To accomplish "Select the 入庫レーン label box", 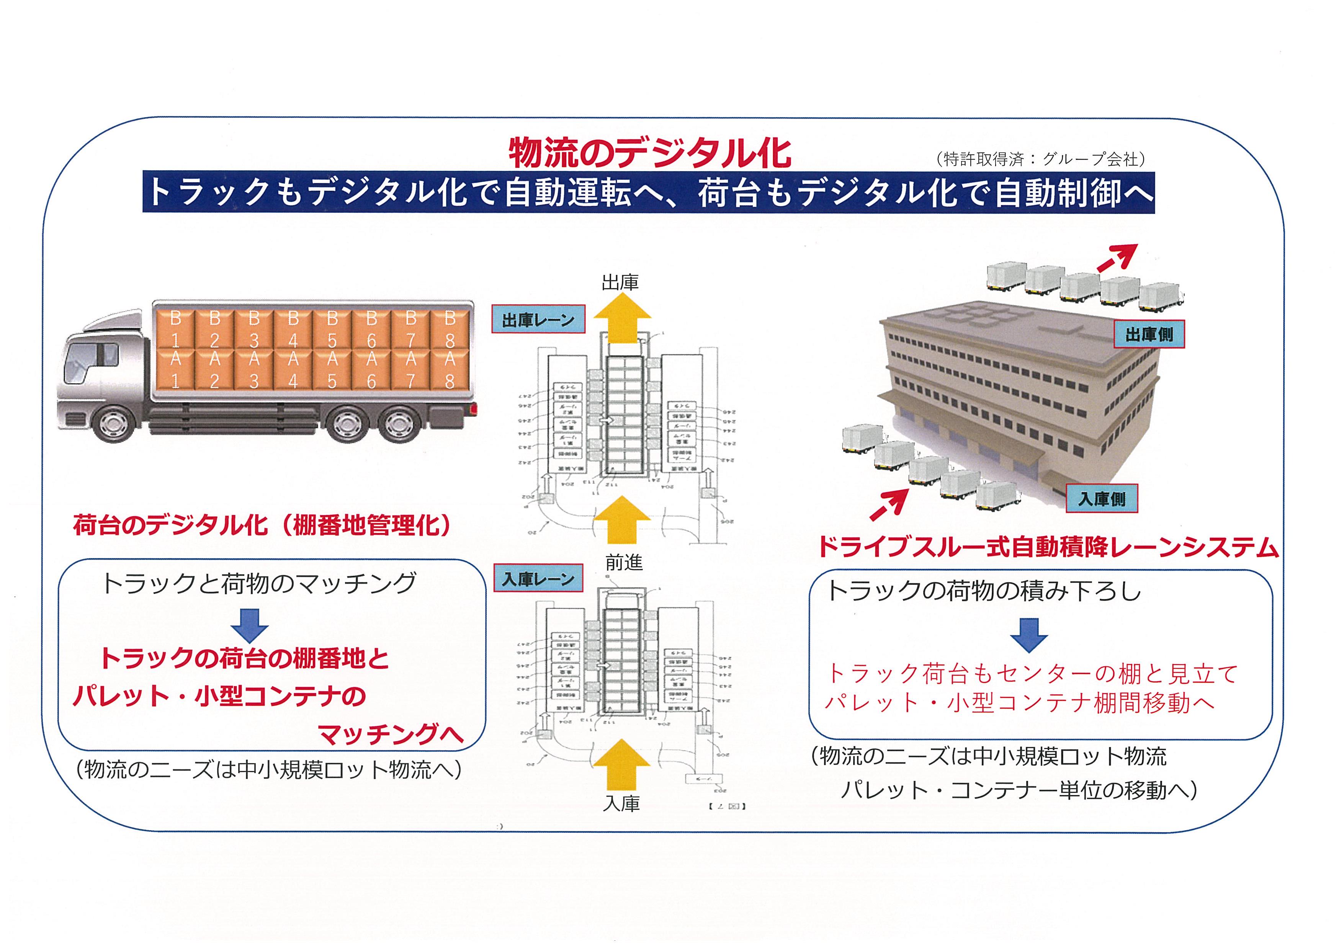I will pyautogui.click(x=538, y=579).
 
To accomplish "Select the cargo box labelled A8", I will pyautogui.click(x=450, y=370).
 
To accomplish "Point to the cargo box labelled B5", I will pyautogui.click(x=332, y=329).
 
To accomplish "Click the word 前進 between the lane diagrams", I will pyautogui.click(x=624, y=563).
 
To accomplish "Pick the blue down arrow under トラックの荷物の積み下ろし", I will pyautogui.click(x=1029, y=634).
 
